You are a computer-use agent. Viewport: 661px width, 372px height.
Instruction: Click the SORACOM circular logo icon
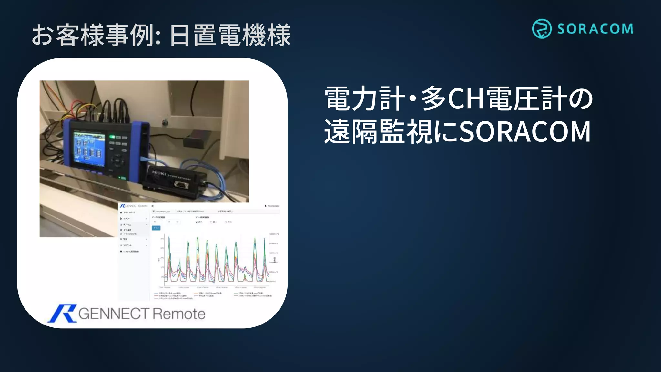[x=542, y=28]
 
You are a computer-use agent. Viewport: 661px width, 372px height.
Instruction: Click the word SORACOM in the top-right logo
[x=595, y=29]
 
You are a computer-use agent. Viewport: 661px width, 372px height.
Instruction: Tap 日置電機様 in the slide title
[x=230, y=35]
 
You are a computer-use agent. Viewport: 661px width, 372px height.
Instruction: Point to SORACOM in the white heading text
[x=524, y=132]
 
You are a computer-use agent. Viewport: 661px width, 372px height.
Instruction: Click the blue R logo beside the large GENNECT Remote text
[x=62, y=313]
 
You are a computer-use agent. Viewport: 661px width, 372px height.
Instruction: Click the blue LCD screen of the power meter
[x=89, y=147]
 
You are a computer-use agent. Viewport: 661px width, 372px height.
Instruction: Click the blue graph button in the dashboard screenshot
[x=156, y=228]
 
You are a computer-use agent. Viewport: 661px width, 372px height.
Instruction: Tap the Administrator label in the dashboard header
[x=273, y=206]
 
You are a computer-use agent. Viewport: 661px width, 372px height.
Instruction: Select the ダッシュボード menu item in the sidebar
[x=129, y=212]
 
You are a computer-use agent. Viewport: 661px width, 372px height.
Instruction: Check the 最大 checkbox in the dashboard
[x=197, y=222]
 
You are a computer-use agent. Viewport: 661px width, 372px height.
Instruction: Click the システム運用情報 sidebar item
[x=130, y=251]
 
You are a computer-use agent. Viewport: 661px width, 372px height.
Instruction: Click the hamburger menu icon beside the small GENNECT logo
[x=153, y=206]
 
